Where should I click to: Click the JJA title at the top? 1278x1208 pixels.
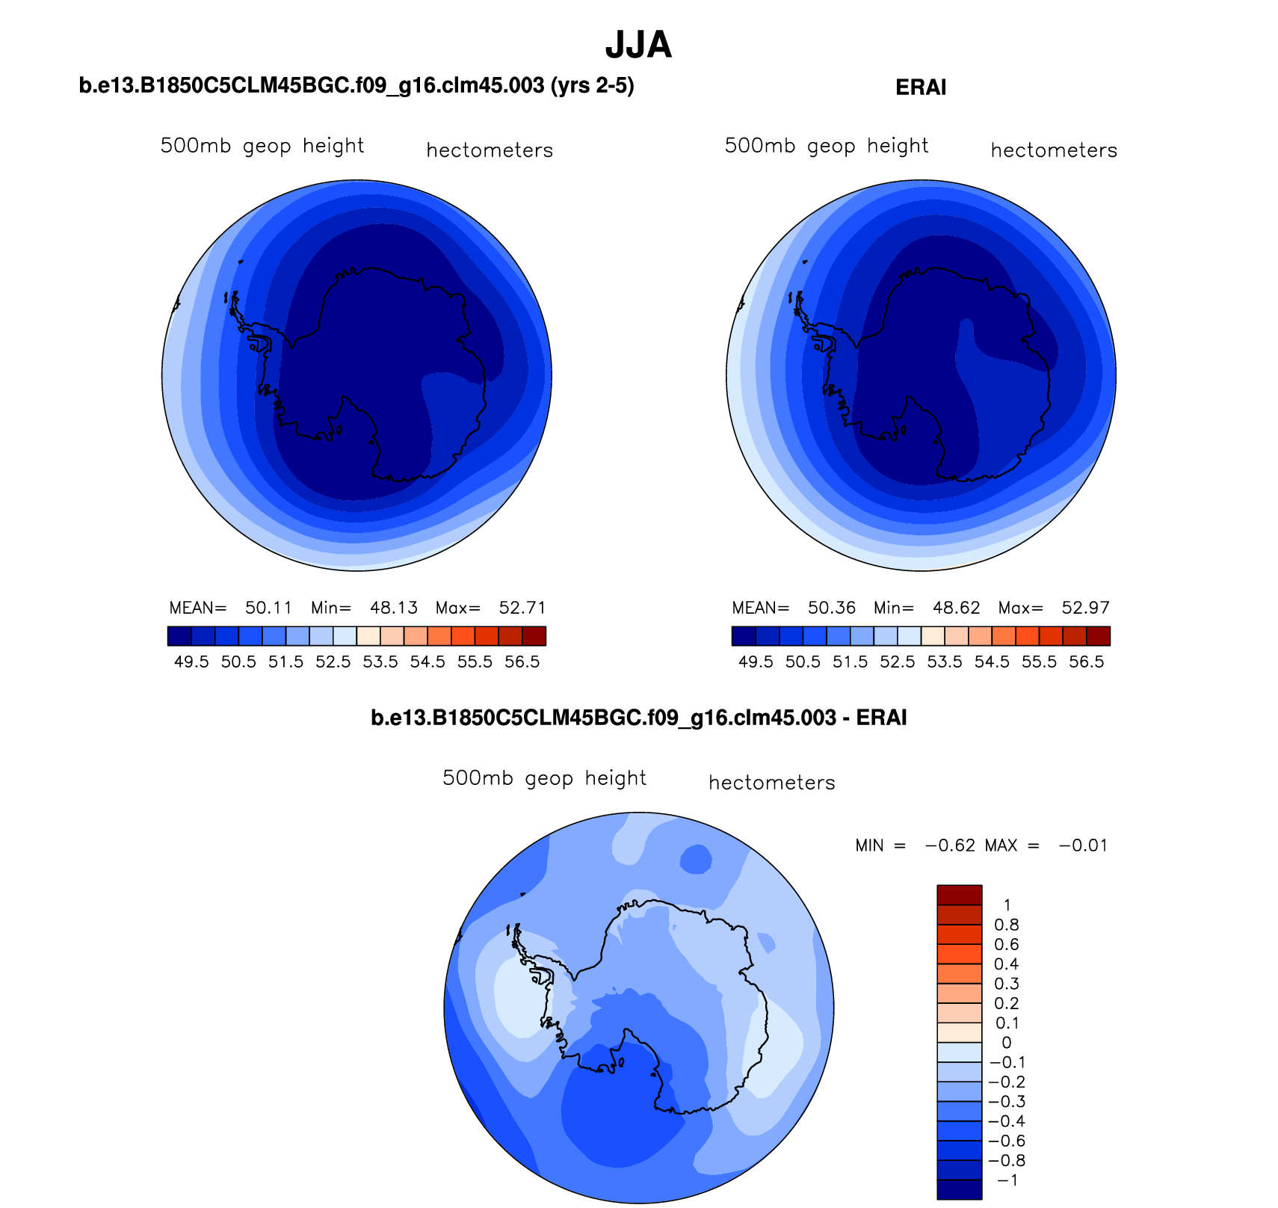[x=638, y=45]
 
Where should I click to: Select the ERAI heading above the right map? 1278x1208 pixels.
[x=921, y=87]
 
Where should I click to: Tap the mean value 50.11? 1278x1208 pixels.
[x=269, y=608]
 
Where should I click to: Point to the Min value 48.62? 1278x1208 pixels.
[x=957, y=608]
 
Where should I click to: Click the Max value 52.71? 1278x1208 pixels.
[x=522, y=608]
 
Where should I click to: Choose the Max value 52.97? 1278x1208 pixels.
[x=1086, y=608]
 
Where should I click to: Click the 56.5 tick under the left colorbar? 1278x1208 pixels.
[x=522, y=662]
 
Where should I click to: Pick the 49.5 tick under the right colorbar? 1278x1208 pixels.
[x=756, y=662]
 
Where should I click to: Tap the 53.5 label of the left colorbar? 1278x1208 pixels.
[x=380, y=662]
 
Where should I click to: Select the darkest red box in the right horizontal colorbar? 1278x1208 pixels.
[x=1098, y=635]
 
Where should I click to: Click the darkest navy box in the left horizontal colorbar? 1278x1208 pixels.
[x=180, y=635]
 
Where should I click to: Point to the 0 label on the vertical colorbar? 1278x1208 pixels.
[x=1007, y=1043]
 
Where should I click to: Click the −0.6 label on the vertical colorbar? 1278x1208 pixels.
[x=1007, y=1141]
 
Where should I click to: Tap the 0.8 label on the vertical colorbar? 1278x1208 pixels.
[x=1007, y=925]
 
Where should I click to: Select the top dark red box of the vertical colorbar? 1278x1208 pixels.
[x=960, y=895]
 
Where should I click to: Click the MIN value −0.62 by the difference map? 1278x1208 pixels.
[x=951, y=845]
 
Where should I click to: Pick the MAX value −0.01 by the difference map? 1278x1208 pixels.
[x=1083, y=845]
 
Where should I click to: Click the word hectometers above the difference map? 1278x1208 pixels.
[x=771, y=783]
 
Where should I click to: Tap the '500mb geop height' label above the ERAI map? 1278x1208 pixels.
[x=827, y=146]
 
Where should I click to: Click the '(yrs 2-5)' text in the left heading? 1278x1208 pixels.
[x=592, y=86]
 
